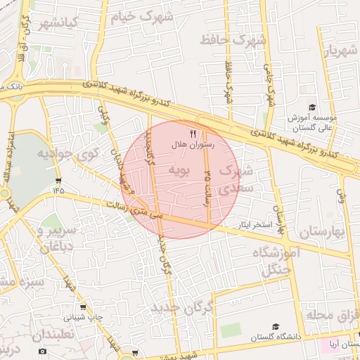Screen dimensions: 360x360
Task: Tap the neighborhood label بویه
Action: (179, 171)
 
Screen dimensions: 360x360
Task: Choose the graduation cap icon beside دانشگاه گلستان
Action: (276, 327)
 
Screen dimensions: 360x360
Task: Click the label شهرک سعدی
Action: (233, 179)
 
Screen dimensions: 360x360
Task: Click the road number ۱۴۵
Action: (58, 190)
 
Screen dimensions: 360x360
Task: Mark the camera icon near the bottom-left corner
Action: (42, 351)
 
